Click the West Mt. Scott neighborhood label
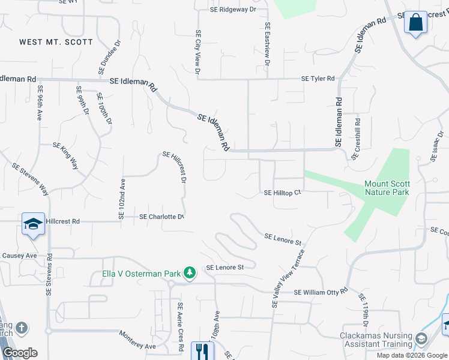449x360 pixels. click(56, 42)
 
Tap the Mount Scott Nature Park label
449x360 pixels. click(387, 188)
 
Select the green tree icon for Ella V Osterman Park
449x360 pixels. click(190, 274)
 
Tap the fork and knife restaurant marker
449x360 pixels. click(202, 350)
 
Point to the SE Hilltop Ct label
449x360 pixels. click(282, 193)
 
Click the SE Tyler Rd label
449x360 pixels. click(318, 79)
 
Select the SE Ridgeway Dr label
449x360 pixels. click(233, 10)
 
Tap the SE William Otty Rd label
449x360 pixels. click(321, 292)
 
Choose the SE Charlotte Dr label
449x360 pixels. click(161, 217)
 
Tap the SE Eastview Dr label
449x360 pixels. click(268, 45)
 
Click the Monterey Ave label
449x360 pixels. click(137, 340)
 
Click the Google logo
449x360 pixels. click(20, 353)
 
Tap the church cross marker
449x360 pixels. click(22, 328)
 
